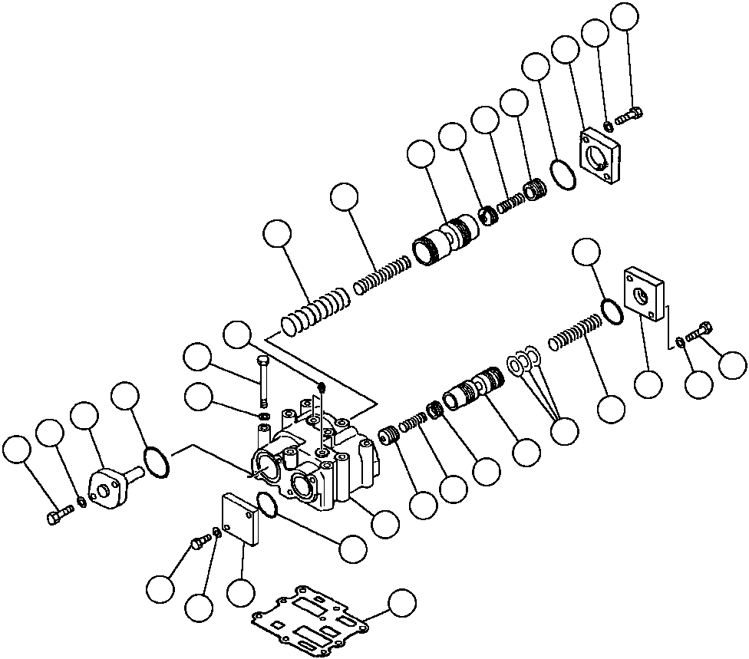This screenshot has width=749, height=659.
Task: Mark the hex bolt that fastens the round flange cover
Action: click(x=57, y=516)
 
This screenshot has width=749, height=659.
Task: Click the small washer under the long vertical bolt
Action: click(x=265, y=417)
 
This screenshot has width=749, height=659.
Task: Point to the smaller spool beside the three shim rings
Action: click(x=472, y=387)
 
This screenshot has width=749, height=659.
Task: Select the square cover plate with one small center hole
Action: click(x=643, y=292)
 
